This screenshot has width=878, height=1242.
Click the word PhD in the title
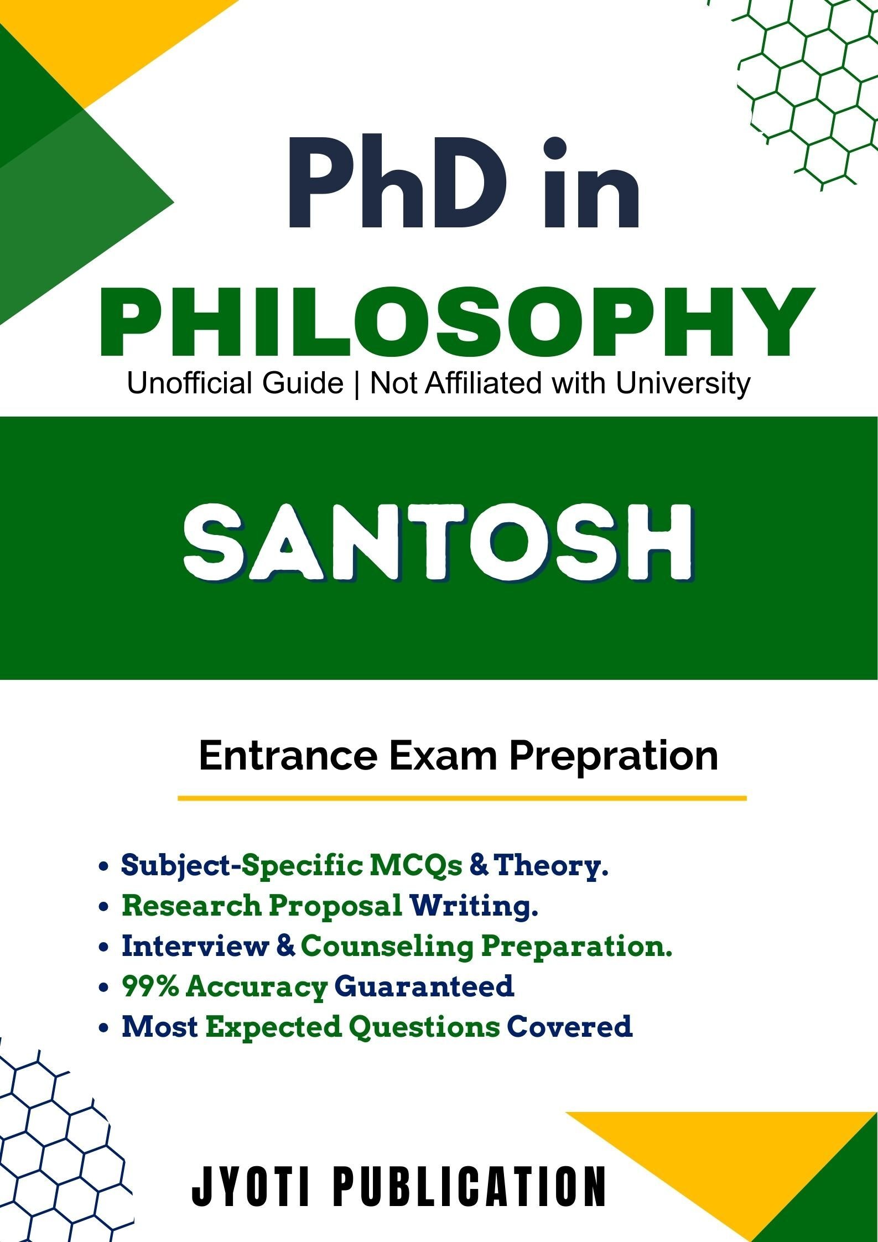coord(397,184)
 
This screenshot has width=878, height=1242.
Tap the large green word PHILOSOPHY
coord(457,323)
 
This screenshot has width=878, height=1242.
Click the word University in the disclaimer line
coord(683,383)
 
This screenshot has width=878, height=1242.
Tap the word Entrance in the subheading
coord(288,756)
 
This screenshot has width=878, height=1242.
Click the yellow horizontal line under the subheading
coord(462,798)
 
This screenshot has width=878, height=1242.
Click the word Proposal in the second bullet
coord(336,906)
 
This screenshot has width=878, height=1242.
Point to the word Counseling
coord(387,947)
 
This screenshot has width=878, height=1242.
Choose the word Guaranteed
coord(424,986)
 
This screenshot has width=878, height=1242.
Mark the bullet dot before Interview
coord(103,948)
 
